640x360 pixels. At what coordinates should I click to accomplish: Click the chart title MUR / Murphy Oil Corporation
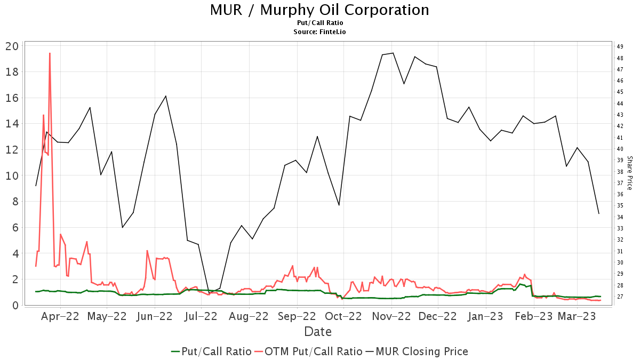(319, 10)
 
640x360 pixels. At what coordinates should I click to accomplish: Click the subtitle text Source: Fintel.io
(319, 32)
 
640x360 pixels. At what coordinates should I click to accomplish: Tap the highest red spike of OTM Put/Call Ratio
(50, 53)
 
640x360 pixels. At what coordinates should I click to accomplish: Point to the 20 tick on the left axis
(12, 46)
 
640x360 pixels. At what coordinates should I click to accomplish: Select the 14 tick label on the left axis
(12, 124)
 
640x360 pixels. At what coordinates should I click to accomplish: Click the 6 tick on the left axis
(15, 228)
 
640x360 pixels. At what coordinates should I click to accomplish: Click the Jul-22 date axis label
(201, 317)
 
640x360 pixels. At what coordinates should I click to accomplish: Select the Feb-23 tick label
(532, 317)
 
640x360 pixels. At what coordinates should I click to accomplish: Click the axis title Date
(318, 332)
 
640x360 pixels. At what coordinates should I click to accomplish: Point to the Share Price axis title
(629, 173)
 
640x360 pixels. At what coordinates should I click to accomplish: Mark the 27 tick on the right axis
(620, 297)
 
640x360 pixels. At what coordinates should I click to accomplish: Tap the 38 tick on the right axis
(620, 172)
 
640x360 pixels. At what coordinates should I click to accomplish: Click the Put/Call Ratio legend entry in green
(211, 351)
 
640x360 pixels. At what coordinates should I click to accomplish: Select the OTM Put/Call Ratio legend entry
(308, 351)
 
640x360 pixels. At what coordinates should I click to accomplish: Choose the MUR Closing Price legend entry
(416, 351)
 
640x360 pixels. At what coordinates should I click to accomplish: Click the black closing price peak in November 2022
(393, 53)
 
